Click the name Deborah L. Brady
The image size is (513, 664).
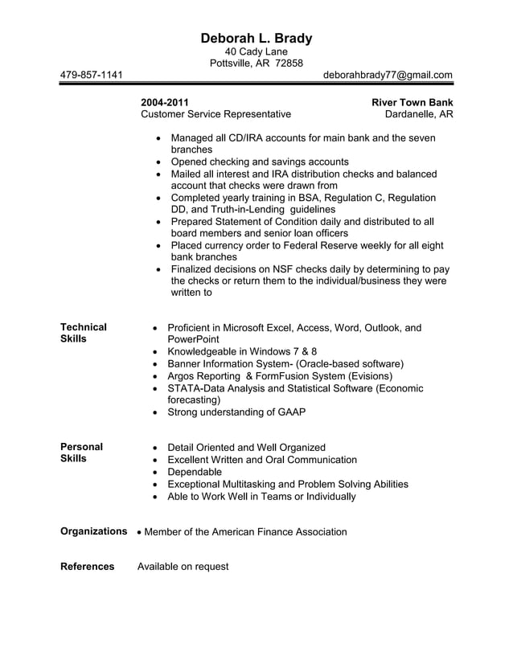[256, 38]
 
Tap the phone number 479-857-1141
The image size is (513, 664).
[92, 75]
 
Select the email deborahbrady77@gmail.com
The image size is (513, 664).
[388, 75]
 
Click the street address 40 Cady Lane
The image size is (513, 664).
[256, 51]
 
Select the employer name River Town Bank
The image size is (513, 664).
[412, 102]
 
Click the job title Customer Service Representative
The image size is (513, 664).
[215, 114]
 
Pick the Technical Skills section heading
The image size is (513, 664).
[83, 333]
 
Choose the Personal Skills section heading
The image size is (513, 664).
[81, 453]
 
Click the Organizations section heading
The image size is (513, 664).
[94, 531]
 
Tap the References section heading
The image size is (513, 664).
[88, 567]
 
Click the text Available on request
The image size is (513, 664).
[183, 567]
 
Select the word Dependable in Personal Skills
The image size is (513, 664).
[194, 472]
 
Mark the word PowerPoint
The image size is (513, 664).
[193, 340]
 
